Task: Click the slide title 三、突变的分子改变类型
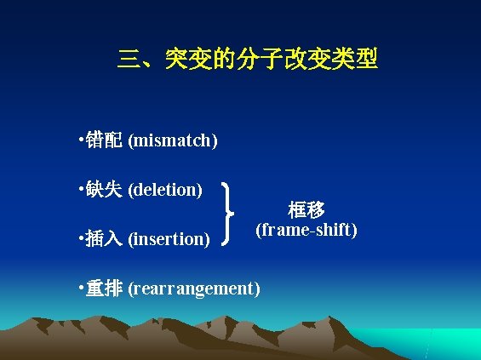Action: tap(248, 60)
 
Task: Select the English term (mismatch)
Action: tap(173, 140)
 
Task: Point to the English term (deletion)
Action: tap(165, 189)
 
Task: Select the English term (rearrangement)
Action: tap(194, 289)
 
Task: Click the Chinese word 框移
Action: tap(306, 210)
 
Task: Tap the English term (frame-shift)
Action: tap(306, 230)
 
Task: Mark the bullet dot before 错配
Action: tap(79, 137)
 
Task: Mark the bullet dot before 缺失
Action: tap(79, 186)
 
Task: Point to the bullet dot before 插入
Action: tap(79, 237)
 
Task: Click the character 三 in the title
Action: tap(129, 60)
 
